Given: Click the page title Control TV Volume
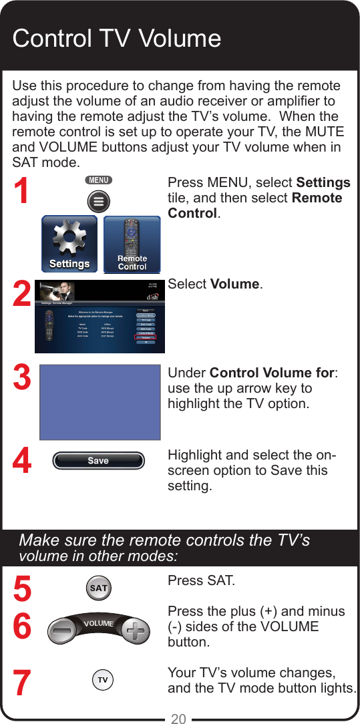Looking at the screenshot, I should click(117, 39).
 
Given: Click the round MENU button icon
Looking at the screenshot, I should click(98, 201).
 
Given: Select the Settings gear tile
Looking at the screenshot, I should click(69, 244).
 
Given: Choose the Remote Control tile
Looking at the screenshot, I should click(132, 244).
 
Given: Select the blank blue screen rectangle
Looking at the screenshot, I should click(100, 402).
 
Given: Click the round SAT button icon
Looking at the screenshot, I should click(99, 588).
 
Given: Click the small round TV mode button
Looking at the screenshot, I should click(102, 681).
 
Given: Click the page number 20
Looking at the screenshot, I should click(179, 719).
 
